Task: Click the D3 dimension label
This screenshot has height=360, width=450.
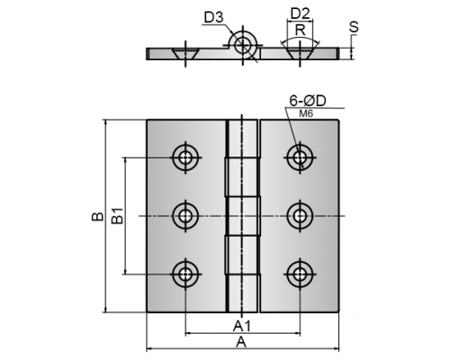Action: (213, 17)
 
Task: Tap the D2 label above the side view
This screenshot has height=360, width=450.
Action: (301, 13)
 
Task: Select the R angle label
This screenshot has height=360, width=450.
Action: (300, 30)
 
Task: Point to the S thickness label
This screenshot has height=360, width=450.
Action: (354, 27)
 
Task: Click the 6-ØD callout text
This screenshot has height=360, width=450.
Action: (308, 101)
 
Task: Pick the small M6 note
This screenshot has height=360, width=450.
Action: (306, 113)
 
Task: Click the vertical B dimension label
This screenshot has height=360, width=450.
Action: (98, 216)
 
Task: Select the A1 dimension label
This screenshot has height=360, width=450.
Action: (242, 326)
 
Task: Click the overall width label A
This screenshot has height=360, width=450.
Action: (241, 342)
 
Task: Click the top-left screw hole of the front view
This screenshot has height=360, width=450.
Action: (185, 157)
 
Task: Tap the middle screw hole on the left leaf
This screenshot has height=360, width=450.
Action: (185, 216)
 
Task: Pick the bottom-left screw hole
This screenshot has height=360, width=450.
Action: (185, 274)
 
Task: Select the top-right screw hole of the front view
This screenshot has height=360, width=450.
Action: (300, 157)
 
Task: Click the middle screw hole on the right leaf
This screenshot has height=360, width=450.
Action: (300, 216)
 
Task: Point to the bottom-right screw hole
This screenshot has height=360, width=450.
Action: (300, 274)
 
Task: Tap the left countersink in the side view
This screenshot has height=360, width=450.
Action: (185, 53)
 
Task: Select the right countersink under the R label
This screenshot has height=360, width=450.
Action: (300, 53)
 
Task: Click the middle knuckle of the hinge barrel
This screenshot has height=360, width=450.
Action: (243, 216)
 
